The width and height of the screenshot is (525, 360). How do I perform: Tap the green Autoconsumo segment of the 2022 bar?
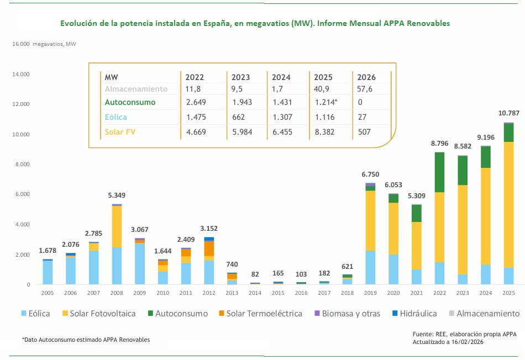pyautogui.click(x=439, y=172)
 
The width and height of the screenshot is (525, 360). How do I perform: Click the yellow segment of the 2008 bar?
pyautogui.click(x=117, y=226)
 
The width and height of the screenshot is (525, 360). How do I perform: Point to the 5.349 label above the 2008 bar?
pyautogui.click(x=117, y=195)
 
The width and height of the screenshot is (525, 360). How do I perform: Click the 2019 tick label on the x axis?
pyautogui.click(x=370, y=293)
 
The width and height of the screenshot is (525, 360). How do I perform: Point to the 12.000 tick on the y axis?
pyautogui.click(x=20, y=104)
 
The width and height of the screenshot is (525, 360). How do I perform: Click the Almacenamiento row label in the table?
pyautogui.click(x=136, y=89)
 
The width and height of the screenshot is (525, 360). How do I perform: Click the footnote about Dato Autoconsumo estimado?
pyautogui.click(x=86, y=340)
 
